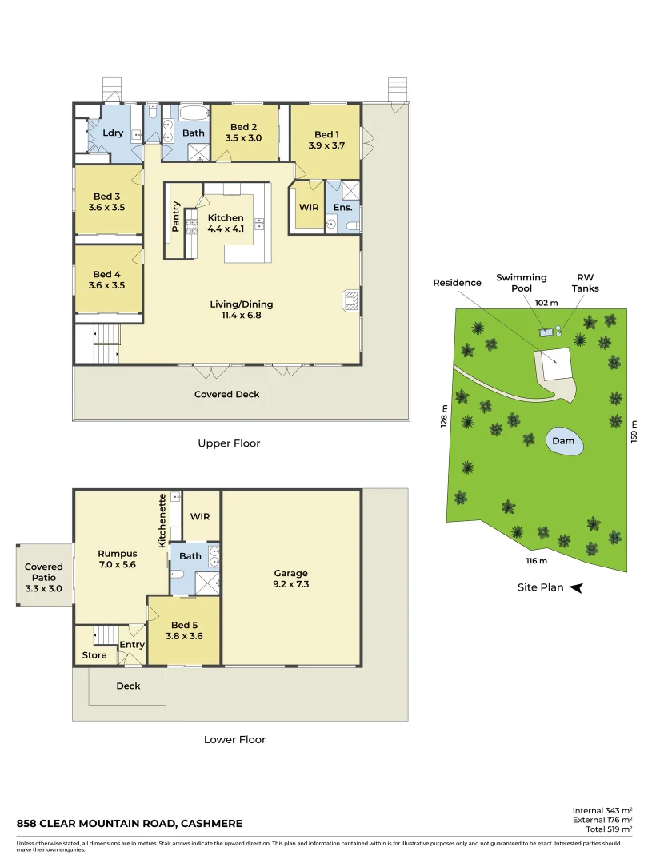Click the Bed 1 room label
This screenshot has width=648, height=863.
click(326, 134)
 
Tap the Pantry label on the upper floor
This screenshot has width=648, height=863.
click(176, 217)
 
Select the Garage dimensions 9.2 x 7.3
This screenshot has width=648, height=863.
click(290, 584)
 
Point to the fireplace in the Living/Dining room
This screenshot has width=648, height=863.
click(350, 300)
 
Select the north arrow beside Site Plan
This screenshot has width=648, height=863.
click(575, 588)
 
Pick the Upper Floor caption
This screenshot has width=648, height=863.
click(229, 443)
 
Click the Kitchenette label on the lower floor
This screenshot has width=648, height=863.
click(162, 520)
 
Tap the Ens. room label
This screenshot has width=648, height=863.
click(343, 208)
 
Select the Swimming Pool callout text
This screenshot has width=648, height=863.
click(521, 283)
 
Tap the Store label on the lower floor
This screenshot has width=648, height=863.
click(94, 655)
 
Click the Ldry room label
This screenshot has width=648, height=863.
click(113, 133)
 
